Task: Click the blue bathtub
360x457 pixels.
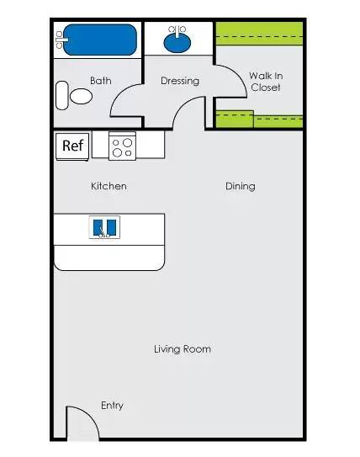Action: pos(100,40)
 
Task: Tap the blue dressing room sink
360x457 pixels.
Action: pos(177,43)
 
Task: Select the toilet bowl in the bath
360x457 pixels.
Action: pos(81,96)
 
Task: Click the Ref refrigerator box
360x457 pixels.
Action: pos(72,146)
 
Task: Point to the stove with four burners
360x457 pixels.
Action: pos(122,146)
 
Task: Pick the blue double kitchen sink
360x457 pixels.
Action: pos(104,227)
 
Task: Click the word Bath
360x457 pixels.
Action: pos(100,81)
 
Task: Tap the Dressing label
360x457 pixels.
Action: pos(180,81)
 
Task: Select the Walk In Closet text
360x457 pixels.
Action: pos(266,82)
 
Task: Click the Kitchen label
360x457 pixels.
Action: pos(109,186)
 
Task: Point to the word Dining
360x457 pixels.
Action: pos(241,186)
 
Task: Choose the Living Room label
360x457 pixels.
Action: pos(183,349)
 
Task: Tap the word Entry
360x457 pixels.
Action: pos(112,406)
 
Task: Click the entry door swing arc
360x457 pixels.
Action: pos(90,416)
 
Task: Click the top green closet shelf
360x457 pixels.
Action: pos(259,34)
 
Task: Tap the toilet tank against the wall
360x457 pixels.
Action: pos(61,95)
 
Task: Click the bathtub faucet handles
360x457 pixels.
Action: pos(60,40)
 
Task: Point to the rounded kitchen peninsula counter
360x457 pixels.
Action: pos(109,258)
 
